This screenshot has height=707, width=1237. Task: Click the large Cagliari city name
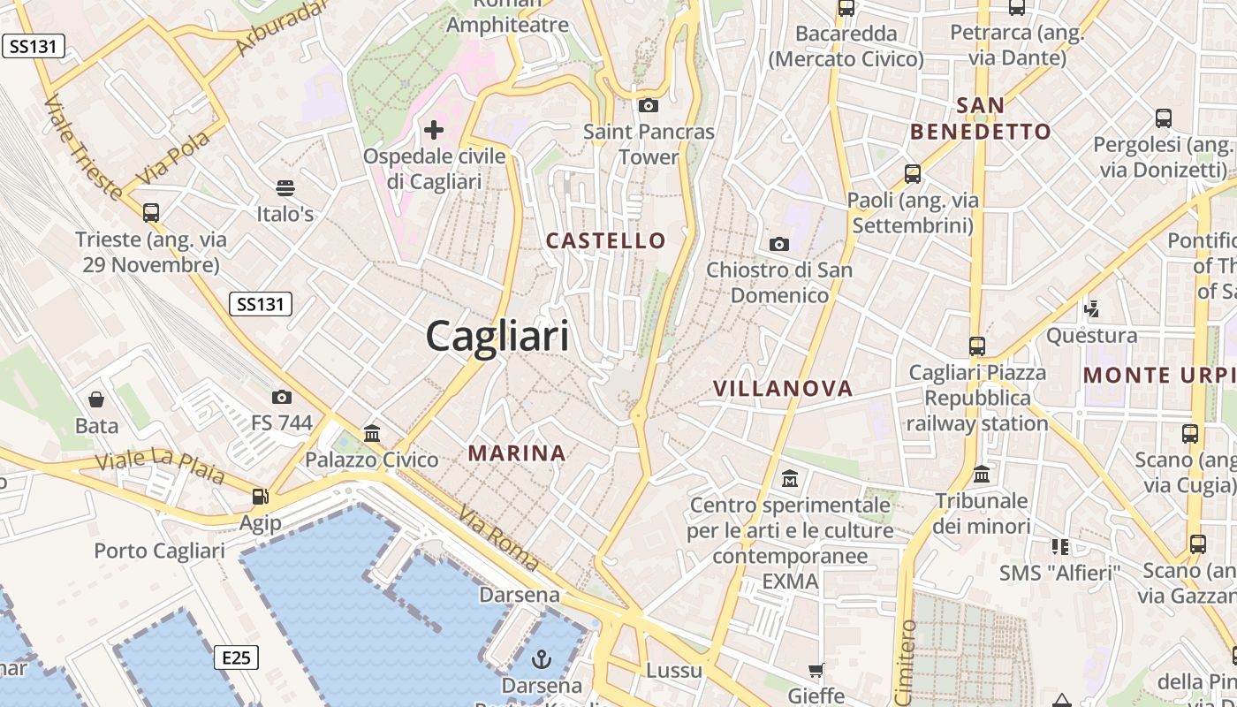[497, 338]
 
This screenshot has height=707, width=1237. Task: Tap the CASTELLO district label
[605, 240]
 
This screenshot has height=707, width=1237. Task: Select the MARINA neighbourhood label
[517, 453]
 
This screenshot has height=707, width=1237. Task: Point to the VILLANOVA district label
[783, 388]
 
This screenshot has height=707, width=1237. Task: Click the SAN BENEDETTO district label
[981, 118]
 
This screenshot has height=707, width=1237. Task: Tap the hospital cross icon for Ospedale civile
[434, 131]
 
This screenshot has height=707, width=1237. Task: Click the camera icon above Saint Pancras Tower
[649, 105]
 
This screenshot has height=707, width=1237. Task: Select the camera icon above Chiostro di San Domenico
[778, 244]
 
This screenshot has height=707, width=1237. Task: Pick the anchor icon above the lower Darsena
[541, 658]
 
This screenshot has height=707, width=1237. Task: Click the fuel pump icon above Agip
[260, 497]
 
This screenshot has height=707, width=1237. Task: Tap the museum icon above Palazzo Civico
[372, 434]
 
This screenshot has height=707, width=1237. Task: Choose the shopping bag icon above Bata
[96, 400]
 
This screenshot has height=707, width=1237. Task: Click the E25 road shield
[236, 658]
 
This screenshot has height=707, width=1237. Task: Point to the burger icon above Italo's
[285, 187]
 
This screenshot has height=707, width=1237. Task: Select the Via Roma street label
[499, 537]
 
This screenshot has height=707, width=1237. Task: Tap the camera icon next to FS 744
[282, 397]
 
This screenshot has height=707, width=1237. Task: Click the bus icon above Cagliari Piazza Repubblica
[976, 346]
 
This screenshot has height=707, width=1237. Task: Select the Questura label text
[1091, 336]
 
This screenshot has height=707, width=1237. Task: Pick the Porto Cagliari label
[160, 551]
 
